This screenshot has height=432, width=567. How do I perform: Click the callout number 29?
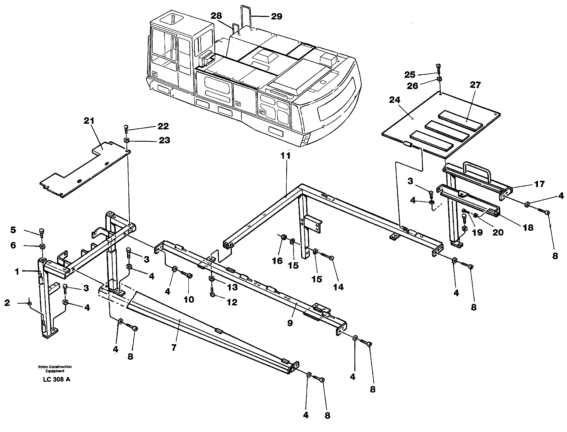(x=276, y=17)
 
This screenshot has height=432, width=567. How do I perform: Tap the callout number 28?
(x=216, y=16)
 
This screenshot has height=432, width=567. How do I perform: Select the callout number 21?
(x=89, y=121)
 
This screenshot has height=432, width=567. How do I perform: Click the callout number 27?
(x=475, y=85)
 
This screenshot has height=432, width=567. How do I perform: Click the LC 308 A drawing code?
(x=57, y=380)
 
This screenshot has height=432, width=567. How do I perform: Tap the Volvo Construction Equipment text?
(x=55, y=369)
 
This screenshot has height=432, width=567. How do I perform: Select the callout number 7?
(x=174, y=348)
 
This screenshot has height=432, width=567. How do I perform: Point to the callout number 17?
(x=539, y=184)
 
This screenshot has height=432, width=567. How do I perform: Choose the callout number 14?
(x=338, y=287)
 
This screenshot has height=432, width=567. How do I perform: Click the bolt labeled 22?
(x=126, y=128)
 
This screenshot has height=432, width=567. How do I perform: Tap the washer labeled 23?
(x=126, y=140)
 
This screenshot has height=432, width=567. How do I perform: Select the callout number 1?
(x=17, y=271)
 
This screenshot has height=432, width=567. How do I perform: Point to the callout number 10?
(x=189, y=299)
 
